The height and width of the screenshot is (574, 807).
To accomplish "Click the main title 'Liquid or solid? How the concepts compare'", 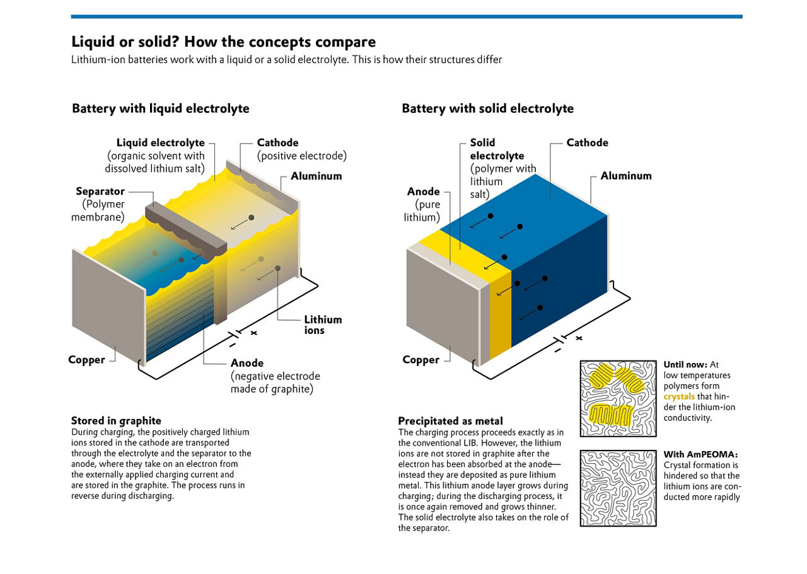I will [223, 42].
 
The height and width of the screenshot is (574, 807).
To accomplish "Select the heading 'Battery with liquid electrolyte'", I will [161, 108].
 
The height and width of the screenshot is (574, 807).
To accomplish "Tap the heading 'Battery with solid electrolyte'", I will [487, 108].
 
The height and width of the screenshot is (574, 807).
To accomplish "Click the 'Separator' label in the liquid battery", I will [100, 192].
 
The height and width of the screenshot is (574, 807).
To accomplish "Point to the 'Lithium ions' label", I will [323, 324].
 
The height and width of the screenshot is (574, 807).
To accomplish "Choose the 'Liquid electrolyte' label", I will [160, 143].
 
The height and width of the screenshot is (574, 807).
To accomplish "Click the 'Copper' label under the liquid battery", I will [86, 360].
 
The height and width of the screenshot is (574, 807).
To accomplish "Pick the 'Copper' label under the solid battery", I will [421, 360].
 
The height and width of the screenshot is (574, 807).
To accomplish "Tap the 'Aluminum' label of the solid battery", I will [625, 176].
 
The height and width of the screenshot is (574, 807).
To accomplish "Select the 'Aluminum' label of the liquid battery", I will [316, 176].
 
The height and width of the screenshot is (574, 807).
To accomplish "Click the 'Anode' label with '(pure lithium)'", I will [423, 192].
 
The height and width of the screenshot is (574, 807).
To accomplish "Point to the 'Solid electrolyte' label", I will [497, 149].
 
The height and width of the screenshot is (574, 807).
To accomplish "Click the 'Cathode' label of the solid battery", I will [587, 143].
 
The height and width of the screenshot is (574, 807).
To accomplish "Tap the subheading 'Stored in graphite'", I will [116, 421].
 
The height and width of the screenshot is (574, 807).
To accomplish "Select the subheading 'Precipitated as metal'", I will [450, 421].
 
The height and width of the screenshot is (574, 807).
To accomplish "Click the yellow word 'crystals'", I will [679, 397].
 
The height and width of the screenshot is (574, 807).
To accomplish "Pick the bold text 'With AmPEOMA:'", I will [700, 454].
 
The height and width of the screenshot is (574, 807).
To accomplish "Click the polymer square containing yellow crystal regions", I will [617, 399].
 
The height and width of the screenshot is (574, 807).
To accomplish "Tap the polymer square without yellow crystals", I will [617, 488].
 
